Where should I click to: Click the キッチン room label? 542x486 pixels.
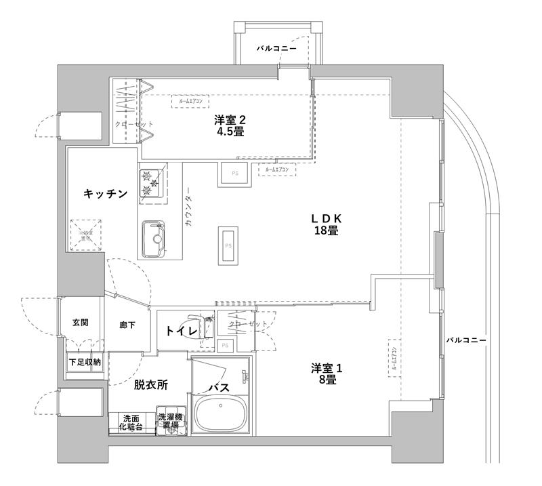point(105,194)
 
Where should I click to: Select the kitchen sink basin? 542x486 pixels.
point(155,238)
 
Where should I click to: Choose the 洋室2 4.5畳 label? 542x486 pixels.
point(230,126)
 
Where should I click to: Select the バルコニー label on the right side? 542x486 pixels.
point(465,339)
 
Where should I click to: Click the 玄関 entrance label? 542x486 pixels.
point(80,323)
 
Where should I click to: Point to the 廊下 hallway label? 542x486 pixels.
point(127,325)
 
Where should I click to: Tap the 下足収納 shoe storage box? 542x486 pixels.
point(84,363)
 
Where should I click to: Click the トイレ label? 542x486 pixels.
point(181,331)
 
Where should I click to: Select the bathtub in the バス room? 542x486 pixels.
point(222,413)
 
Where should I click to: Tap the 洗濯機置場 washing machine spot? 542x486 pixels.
point(169,422)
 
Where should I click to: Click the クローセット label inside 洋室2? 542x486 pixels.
point(133,125)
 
